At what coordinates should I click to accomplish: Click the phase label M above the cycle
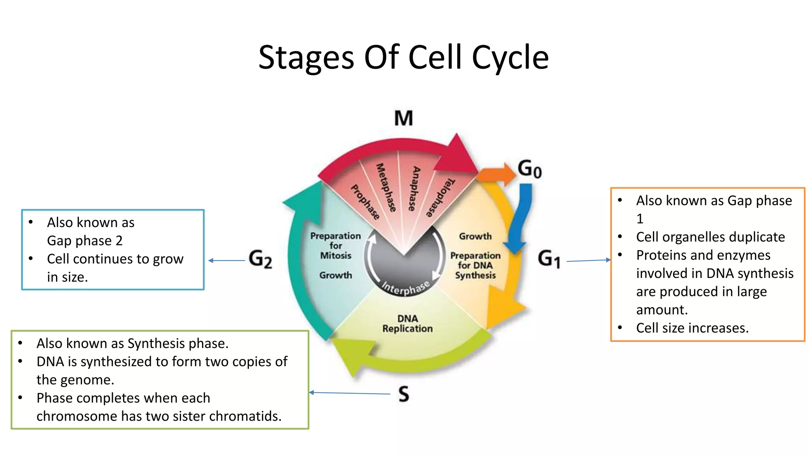tap(404, 118)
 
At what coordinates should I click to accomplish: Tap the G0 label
tap(529, 169)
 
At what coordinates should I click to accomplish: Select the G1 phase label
tap(549, 259)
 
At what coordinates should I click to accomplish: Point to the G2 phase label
tap(260, 259)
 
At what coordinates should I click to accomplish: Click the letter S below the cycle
tap(404, 394)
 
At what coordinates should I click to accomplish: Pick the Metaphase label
tap(386, 188)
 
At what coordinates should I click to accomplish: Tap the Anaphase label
tap(414, 188)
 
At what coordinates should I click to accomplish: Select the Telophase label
tap(440, 197)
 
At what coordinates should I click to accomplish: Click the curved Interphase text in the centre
tap(406, 288)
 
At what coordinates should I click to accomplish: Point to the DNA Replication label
tap(407, 323)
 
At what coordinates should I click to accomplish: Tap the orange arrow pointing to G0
tap(497, 174)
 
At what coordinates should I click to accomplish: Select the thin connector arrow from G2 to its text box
tap(227, 261)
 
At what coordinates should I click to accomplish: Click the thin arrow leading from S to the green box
tap(349, 393)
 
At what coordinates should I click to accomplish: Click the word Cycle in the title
tap(510, 58)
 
